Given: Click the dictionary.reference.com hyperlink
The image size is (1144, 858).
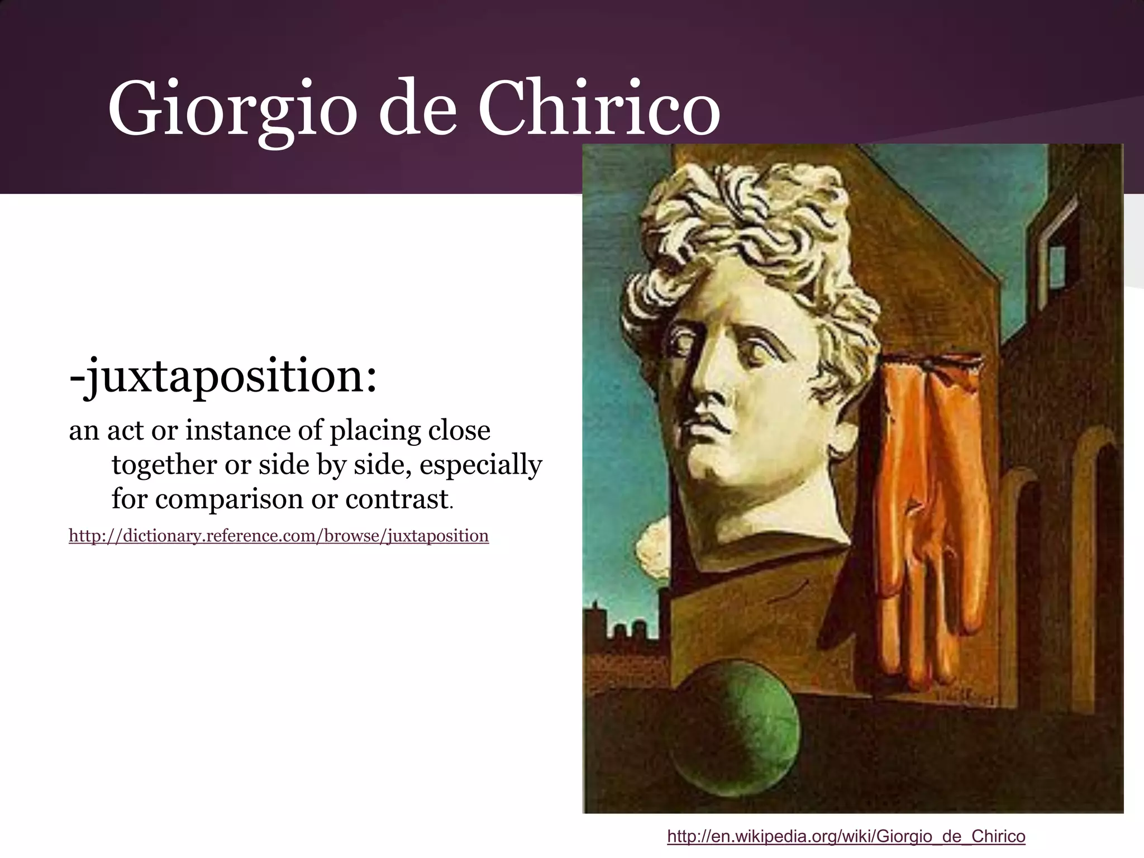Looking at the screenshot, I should (278, 536).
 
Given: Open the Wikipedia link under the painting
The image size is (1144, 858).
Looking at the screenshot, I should (846, 836).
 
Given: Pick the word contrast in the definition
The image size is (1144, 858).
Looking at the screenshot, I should (397, 499).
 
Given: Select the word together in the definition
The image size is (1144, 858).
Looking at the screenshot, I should (164, 465).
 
